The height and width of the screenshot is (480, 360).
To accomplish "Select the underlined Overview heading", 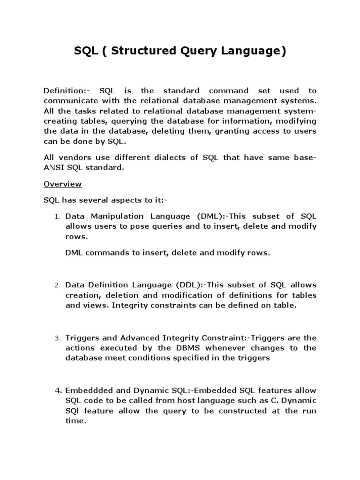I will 62,184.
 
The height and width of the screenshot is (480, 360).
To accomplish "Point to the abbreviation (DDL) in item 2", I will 189,285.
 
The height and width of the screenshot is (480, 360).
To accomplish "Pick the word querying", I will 112,121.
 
